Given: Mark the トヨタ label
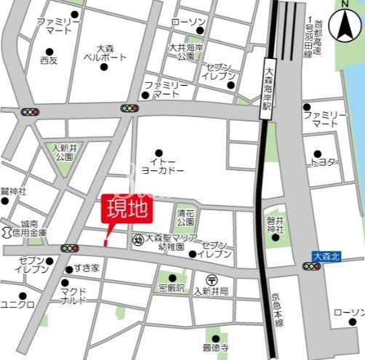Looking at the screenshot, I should tap(325, 161).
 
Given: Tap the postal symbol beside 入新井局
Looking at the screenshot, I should tap(210, 279).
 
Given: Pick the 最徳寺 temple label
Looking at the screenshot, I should tap(216, 347).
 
